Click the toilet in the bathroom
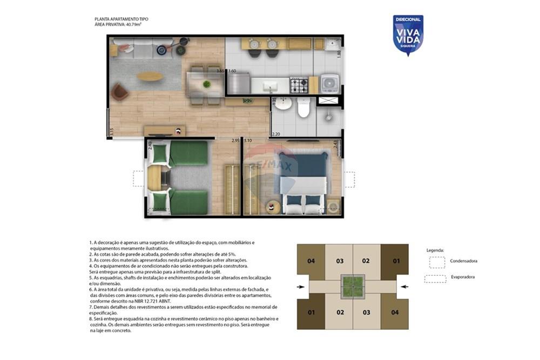point(303,108)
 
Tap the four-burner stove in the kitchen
point(299,85)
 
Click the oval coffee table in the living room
point(150,77)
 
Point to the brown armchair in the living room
point(119,92)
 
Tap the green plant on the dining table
point(206,84)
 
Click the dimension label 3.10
point(248,140)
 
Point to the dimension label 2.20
point(276,134)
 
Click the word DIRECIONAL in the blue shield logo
point(408,19)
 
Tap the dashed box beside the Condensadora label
point(437,262)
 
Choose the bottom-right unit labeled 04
point(395,312)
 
